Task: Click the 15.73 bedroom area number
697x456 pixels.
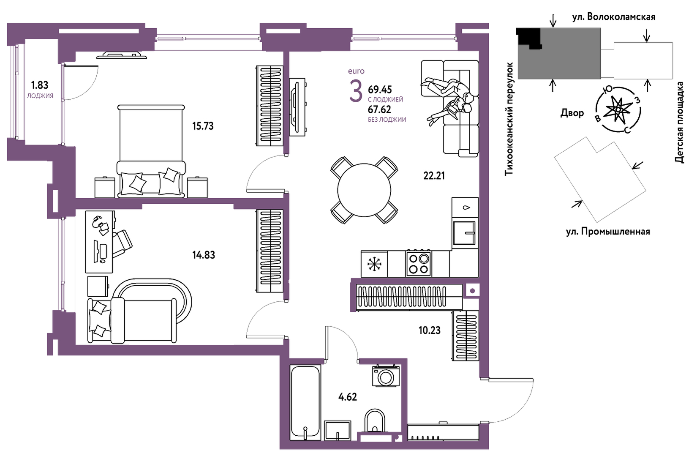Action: (x=203, y=126)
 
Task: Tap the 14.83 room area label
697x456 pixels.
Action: (x=204, y=255)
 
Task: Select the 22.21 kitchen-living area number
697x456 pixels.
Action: (x=434, y=176)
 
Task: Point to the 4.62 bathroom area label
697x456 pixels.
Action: (x=348, y=397)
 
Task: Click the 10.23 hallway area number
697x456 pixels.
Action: (x=430, y=330)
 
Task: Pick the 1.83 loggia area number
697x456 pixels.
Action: (x=40, y=85)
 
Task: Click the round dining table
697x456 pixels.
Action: (x=364, y=190)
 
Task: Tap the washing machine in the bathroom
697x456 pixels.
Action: (x=386, y=376)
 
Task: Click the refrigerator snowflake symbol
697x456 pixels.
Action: (x=374, y=264)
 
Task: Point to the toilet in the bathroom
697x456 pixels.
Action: (x=375, y=422)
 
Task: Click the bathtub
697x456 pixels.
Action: (x=305, y=403)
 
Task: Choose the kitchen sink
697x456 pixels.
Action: (x=464, y=233)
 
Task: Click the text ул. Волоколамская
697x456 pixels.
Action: (x=614, y=17)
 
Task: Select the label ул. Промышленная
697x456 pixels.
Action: (x=608, y=232)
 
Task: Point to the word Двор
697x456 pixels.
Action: (x=572, y=113)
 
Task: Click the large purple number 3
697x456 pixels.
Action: (x=356, y=91)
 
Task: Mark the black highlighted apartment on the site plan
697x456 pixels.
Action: (x=529, y=37)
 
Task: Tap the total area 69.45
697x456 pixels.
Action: (x=380, y=90)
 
